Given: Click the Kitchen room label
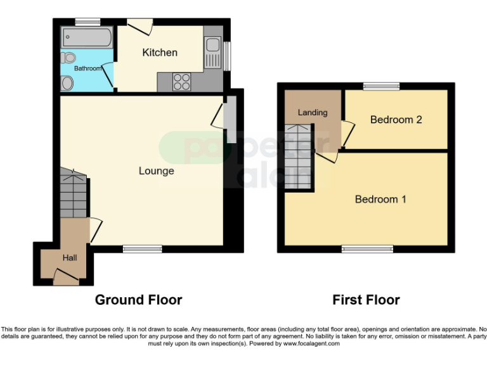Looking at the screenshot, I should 159,53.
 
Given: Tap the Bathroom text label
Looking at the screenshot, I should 88,68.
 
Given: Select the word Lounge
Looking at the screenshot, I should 156,171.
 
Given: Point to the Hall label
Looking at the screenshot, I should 69,258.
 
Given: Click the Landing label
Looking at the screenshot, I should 313,113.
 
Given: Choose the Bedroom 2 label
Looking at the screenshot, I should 396,120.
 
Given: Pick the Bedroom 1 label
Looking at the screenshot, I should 380,199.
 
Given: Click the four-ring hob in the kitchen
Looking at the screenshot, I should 183,81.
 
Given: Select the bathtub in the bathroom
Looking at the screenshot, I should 86,37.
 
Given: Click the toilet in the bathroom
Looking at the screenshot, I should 67,82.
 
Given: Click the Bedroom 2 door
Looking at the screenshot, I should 347,134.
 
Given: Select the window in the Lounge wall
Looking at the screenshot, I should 142,249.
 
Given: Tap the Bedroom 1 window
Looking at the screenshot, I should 367,249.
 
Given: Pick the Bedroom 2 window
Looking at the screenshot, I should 381,86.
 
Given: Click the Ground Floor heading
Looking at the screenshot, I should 138,300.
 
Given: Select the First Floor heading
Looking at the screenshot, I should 366,300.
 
